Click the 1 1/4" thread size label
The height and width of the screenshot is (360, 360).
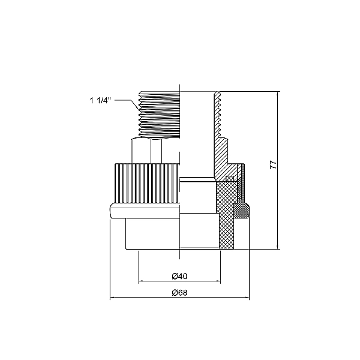pos(100,101)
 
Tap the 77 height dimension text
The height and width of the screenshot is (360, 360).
pos(273,165)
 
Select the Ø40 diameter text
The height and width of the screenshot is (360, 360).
pos(179,276)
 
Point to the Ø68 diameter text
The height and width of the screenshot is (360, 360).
pos(179,293)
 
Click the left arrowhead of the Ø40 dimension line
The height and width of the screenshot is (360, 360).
pos(140,281)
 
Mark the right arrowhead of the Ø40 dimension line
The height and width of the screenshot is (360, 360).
pos(218,281)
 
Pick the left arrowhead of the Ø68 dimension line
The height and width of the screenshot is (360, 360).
pos(112,298)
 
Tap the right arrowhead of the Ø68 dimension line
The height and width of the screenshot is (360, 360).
pos(247,298)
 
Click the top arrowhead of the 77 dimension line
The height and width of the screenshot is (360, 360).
pos(278,94)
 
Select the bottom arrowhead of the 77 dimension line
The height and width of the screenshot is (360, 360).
pos(278,247)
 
